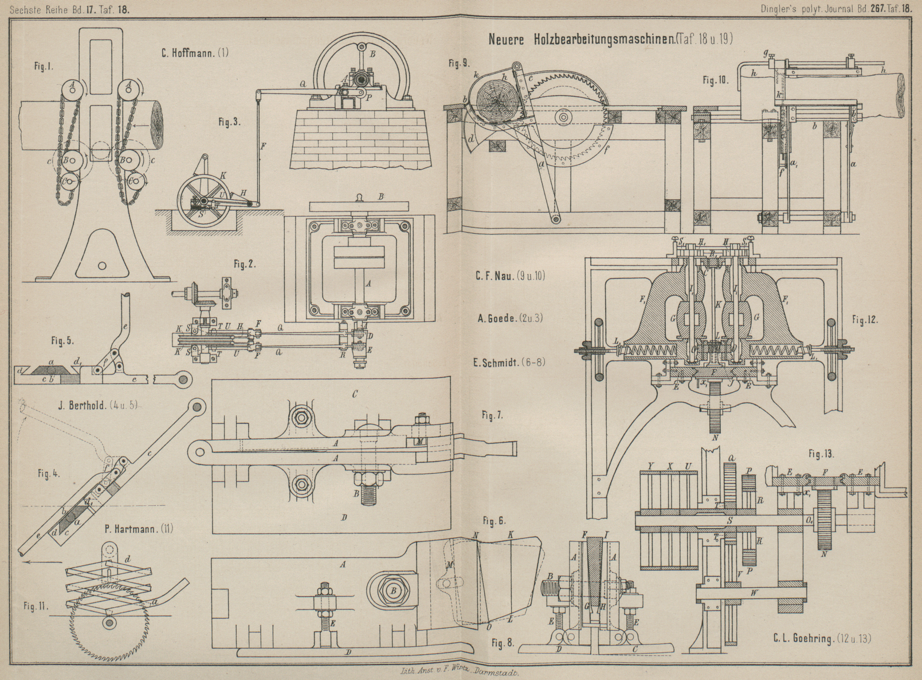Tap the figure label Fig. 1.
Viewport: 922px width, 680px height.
(x=44, y=66)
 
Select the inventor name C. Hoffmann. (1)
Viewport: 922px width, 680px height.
(x=195, y=53)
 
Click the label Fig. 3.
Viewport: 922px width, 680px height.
(x=229, y=122)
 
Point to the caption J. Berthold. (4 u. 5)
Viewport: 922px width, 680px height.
(x=98, y=406)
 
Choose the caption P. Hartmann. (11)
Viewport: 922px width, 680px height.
(x=139, y=529)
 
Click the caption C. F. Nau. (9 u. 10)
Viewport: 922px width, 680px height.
(x=509, y=276)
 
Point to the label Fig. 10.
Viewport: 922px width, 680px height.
(x=716, y=80)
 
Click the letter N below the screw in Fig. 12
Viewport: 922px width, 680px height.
(x=714, y=437)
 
